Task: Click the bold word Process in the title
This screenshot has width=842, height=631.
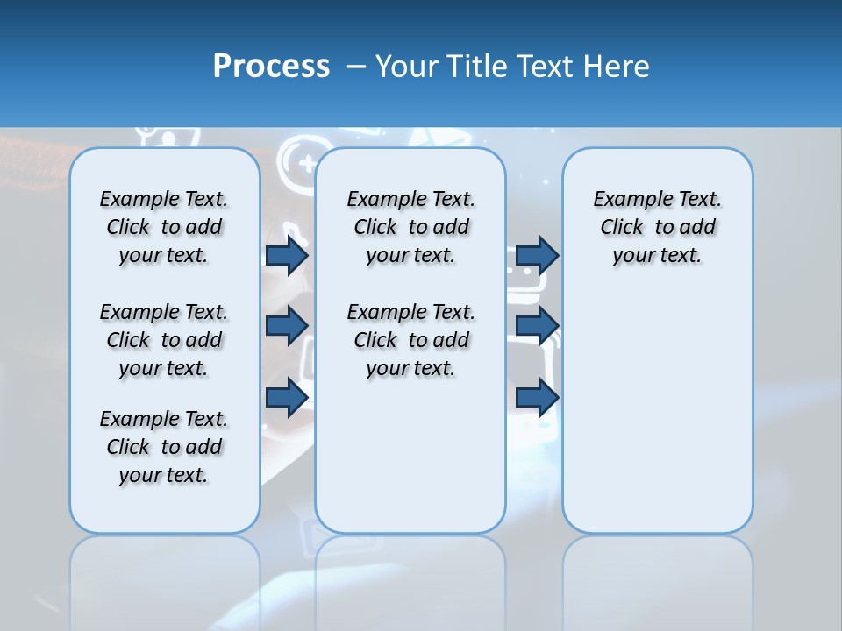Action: click(x=271, y=67)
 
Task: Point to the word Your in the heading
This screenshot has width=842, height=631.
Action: click(x=408, y=67)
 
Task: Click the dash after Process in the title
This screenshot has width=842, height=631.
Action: click(x=355, y=67)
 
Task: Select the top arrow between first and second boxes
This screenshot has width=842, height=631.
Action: click(x=287, y=255)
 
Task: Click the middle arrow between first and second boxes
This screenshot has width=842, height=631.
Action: click(x=287, y=326)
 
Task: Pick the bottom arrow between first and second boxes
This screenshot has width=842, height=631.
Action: click(x=287, y=397)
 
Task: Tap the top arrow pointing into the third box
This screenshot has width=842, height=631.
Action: click(x=537, y=255)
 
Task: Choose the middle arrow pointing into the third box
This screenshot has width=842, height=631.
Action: click(x=537, y=326)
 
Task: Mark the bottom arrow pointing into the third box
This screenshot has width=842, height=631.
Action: click(x=537, y=397)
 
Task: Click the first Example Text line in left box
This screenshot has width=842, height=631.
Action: click(x=164, y=199)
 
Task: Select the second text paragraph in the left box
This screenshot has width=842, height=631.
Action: click(x=164, y=340)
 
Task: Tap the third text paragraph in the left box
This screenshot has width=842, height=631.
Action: click(x=164, y=447)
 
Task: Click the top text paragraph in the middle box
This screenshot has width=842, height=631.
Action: click(x=410, y=227)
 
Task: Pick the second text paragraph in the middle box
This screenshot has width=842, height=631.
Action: click(x=410, y=340)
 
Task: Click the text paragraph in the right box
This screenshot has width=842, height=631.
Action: click(x=658, y=227)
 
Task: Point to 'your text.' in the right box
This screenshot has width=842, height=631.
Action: click(x=657, y=255)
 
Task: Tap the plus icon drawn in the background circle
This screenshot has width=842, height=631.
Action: click(x=306, y=164)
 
